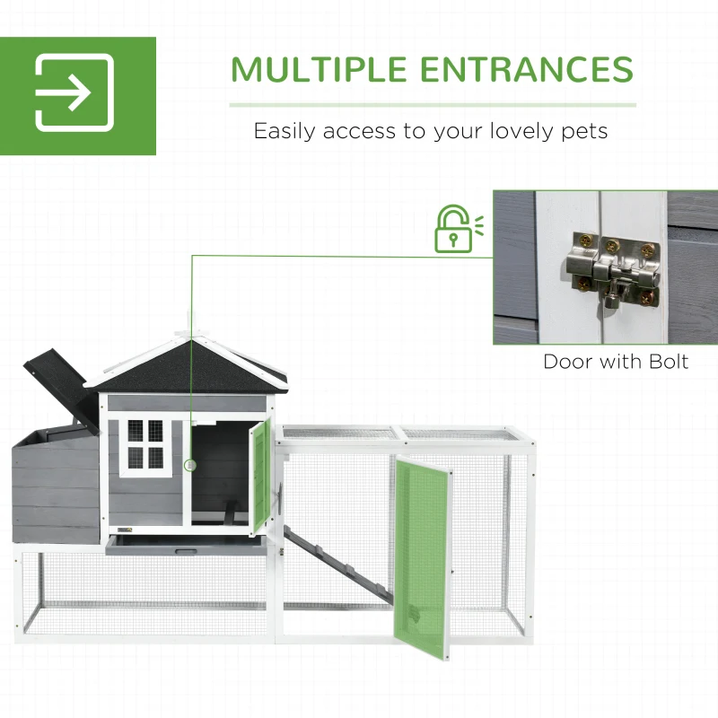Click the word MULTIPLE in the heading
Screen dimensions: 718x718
319,69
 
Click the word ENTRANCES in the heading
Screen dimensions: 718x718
526,69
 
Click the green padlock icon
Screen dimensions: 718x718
459,229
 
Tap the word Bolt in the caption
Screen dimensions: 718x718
669,362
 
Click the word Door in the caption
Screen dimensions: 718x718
568,362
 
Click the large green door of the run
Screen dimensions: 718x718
423,556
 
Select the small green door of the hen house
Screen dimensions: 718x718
260,477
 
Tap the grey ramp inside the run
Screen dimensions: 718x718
338,565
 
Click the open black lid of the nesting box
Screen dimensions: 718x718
63,390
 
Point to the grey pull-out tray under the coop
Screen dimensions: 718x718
186,545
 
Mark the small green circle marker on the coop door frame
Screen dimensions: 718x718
190,466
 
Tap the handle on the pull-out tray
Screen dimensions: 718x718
186,552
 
